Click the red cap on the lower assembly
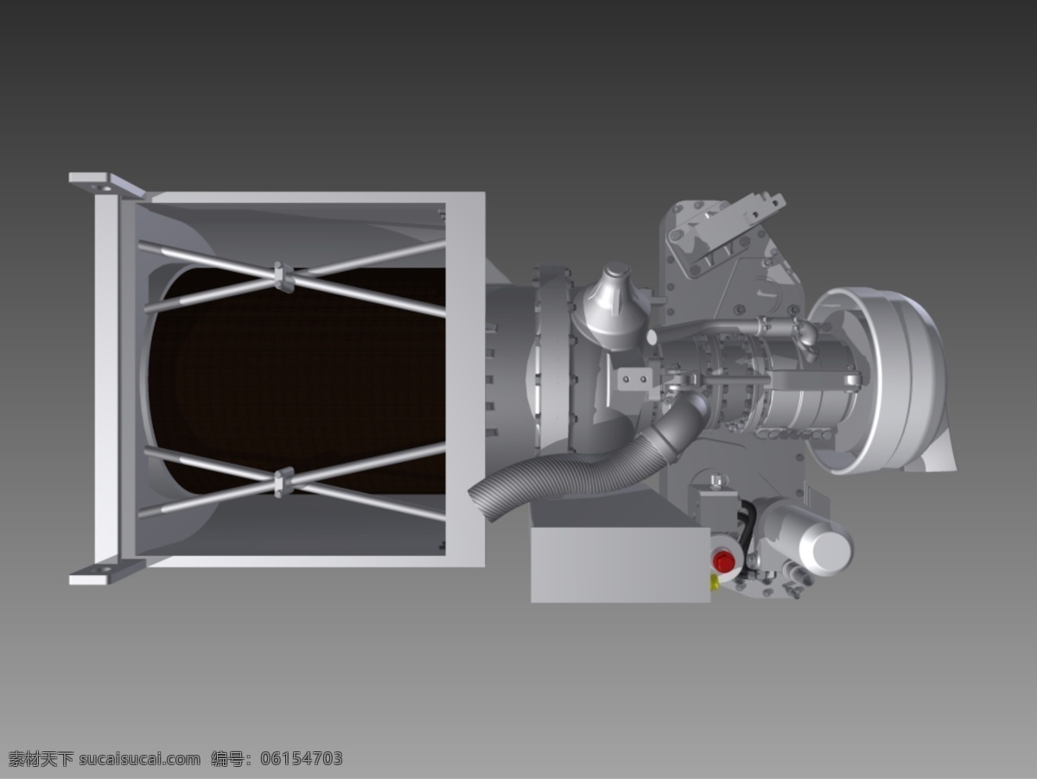tap(723, 560)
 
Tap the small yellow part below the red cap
tap(716, 583)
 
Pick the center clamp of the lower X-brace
tap(283, 482)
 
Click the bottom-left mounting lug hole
tap(103, 570)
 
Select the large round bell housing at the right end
tap(879, 380)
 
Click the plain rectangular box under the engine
tap(620, 565)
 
